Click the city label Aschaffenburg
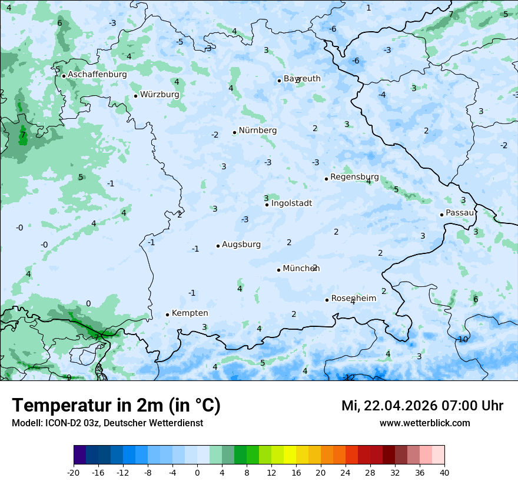[97, 75]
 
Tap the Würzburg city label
[160, 95]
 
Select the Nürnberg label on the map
[257, 131]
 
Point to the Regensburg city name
[354, 177]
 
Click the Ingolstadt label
[291, 203]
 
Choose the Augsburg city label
[241, 245]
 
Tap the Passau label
[460, 213]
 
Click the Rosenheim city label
[353, 299]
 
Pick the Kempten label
[190, 313]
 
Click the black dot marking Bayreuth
[280, 81]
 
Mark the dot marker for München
[278, 270]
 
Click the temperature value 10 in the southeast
[463, 339]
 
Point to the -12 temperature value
[349, 377]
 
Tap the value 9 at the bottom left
[68, 377]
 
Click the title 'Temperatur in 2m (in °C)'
[116, 406]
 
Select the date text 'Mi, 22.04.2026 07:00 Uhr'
[422, 406]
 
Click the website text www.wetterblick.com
[424, 423]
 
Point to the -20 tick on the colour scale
[74, 472]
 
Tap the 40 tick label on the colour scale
[444, 472]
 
